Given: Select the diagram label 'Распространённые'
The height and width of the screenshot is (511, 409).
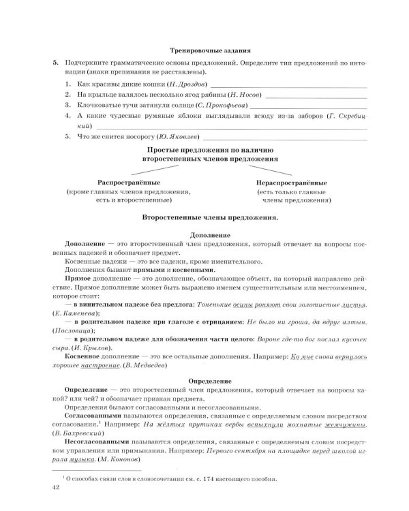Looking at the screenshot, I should pos(129,183).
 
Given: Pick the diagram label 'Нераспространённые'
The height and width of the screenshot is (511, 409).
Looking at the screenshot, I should pos(291,183).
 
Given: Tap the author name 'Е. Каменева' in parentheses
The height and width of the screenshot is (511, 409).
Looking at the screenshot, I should pos(74,312).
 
